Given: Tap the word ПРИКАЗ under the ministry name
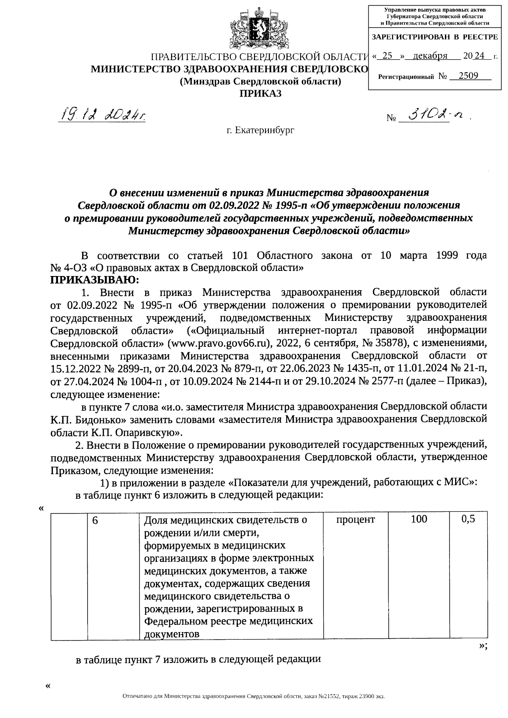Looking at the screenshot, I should [x=261, y=94].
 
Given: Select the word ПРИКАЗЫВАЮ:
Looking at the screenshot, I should [x=94, y=280].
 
